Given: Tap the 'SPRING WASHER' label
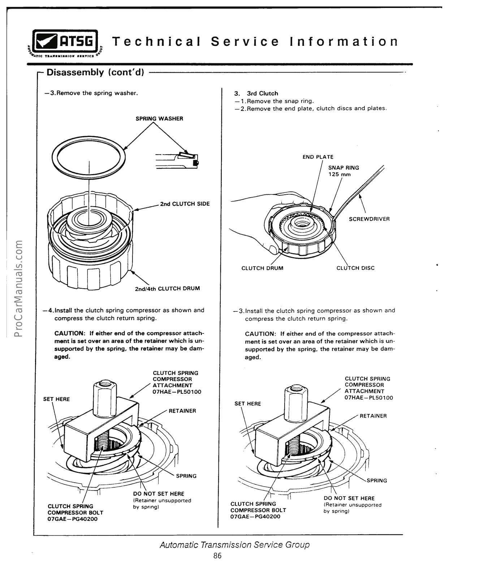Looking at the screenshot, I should [159, 118].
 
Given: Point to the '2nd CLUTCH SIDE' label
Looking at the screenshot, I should [185, 204].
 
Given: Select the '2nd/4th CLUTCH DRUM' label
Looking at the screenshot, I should [167, 288].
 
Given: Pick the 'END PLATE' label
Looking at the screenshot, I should [318, 157].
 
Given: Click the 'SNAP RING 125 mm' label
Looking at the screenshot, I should [343, 171].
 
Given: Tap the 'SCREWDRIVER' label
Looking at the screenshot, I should [369, 219].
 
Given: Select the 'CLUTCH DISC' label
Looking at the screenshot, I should [355, 268].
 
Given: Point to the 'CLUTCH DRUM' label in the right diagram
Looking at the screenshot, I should [262, 268].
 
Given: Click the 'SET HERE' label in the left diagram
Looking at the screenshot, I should [56, 399].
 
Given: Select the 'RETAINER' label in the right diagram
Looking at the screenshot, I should [373, 416].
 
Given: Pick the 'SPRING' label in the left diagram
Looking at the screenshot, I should [186, 476].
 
